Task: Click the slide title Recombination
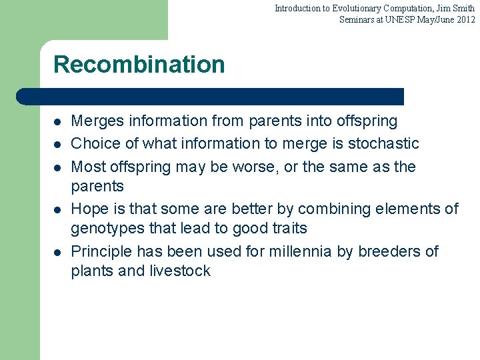tap(139, 65)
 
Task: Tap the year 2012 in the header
tap(465, 19)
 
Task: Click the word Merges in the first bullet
tap(97, 121)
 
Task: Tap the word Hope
tap(90, 209)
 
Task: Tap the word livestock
tap(179, 271)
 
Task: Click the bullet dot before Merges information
tap(58, 122)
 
